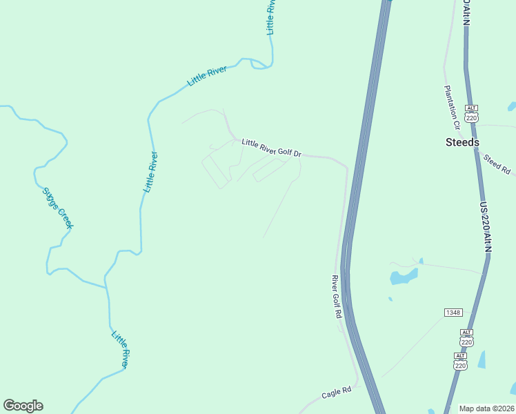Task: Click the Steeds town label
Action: [462, 142]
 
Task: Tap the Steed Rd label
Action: [496, 164]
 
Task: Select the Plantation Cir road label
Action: [452, 108]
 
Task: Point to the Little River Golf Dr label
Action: [272, 148]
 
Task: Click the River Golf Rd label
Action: [337, 297]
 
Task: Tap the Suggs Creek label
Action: [58, 208]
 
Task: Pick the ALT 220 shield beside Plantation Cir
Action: [471, 114]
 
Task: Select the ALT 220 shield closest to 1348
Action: [466, 337]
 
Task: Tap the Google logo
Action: [23, 406]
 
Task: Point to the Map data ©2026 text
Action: [487, 408]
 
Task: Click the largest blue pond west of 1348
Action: [404, 277]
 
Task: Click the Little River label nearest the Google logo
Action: [120, 349]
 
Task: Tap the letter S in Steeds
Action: [449, 142]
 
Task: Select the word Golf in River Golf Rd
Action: [337, 297]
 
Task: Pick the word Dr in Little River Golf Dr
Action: [298, 152]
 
